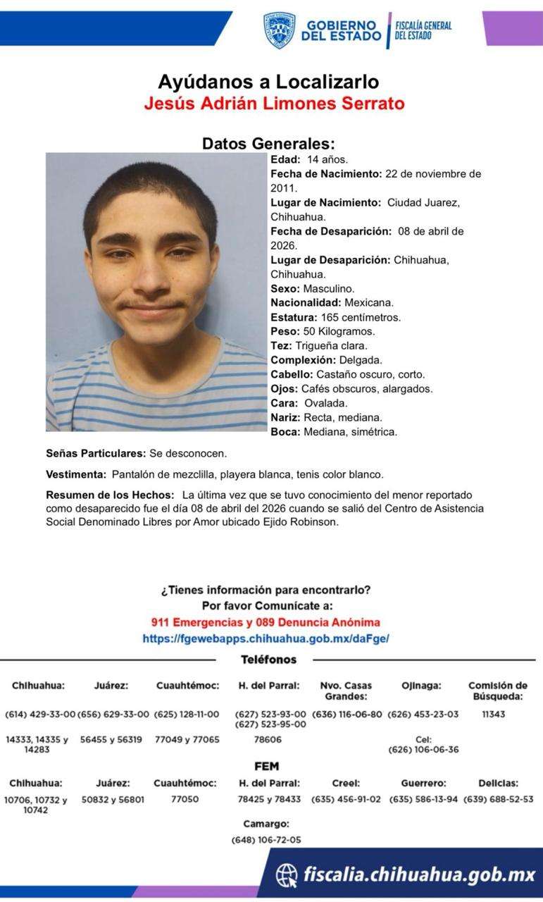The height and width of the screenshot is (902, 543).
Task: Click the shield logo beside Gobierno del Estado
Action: click(x=279, y=30)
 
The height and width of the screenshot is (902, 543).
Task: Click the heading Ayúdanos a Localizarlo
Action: click(x=268, y=82)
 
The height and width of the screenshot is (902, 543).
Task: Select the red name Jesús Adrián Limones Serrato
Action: click(x=274, y=104)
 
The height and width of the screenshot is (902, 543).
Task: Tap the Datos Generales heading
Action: click(x=268, y=143)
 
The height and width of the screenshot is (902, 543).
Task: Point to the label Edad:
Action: click(x=285, y=159)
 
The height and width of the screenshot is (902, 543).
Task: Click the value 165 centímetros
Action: click(x=361, y=317)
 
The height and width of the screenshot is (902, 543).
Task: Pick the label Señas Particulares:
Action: click(x=96, y=453)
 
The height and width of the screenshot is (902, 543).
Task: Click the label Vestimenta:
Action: click(x=76, y=474)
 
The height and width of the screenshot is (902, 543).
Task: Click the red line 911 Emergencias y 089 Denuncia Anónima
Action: click(x=266, y=622)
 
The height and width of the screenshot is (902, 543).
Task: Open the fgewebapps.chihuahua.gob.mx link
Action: click(x=266, y=638)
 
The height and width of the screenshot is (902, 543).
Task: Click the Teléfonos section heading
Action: click(x=268, y=660)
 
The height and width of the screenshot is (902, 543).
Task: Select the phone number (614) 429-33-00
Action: click(x=40, y=714)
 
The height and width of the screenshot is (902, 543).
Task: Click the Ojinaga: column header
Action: click(x=421, y=685)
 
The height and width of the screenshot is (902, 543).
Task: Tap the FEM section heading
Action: click(x=266, y=766)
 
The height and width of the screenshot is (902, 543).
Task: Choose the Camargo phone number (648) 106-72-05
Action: click(x=266, y=840)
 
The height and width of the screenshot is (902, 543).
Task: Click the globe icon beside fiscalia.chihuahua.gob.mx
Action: click(x=287, y=875)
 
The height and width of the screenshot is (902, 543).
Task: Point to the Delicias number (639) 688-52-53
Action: click(x=499, y=799)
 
